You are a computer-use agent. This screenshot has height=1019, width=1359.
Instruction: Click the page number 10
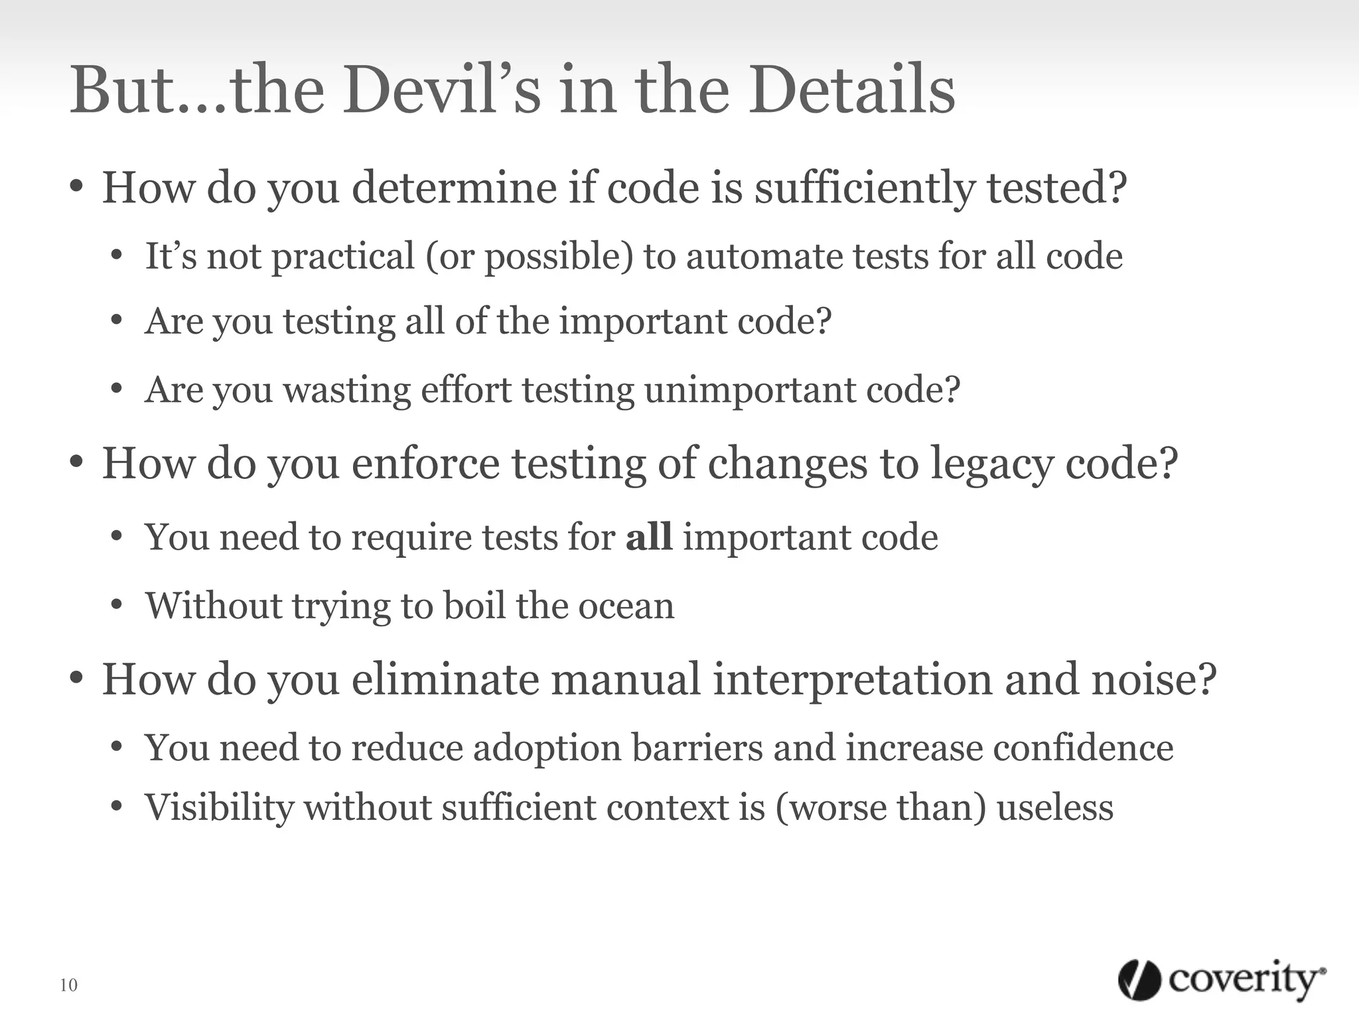[x=68, y=985]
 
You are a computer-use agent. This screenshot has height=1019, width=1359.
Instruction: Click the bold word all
[x=649, y=537]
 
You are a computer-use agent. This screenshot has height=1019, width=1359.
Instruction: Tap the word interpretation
[x=852, y=681]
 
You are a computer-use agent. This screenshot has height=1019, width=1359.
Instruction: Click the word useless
[x=1055, y=808]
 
